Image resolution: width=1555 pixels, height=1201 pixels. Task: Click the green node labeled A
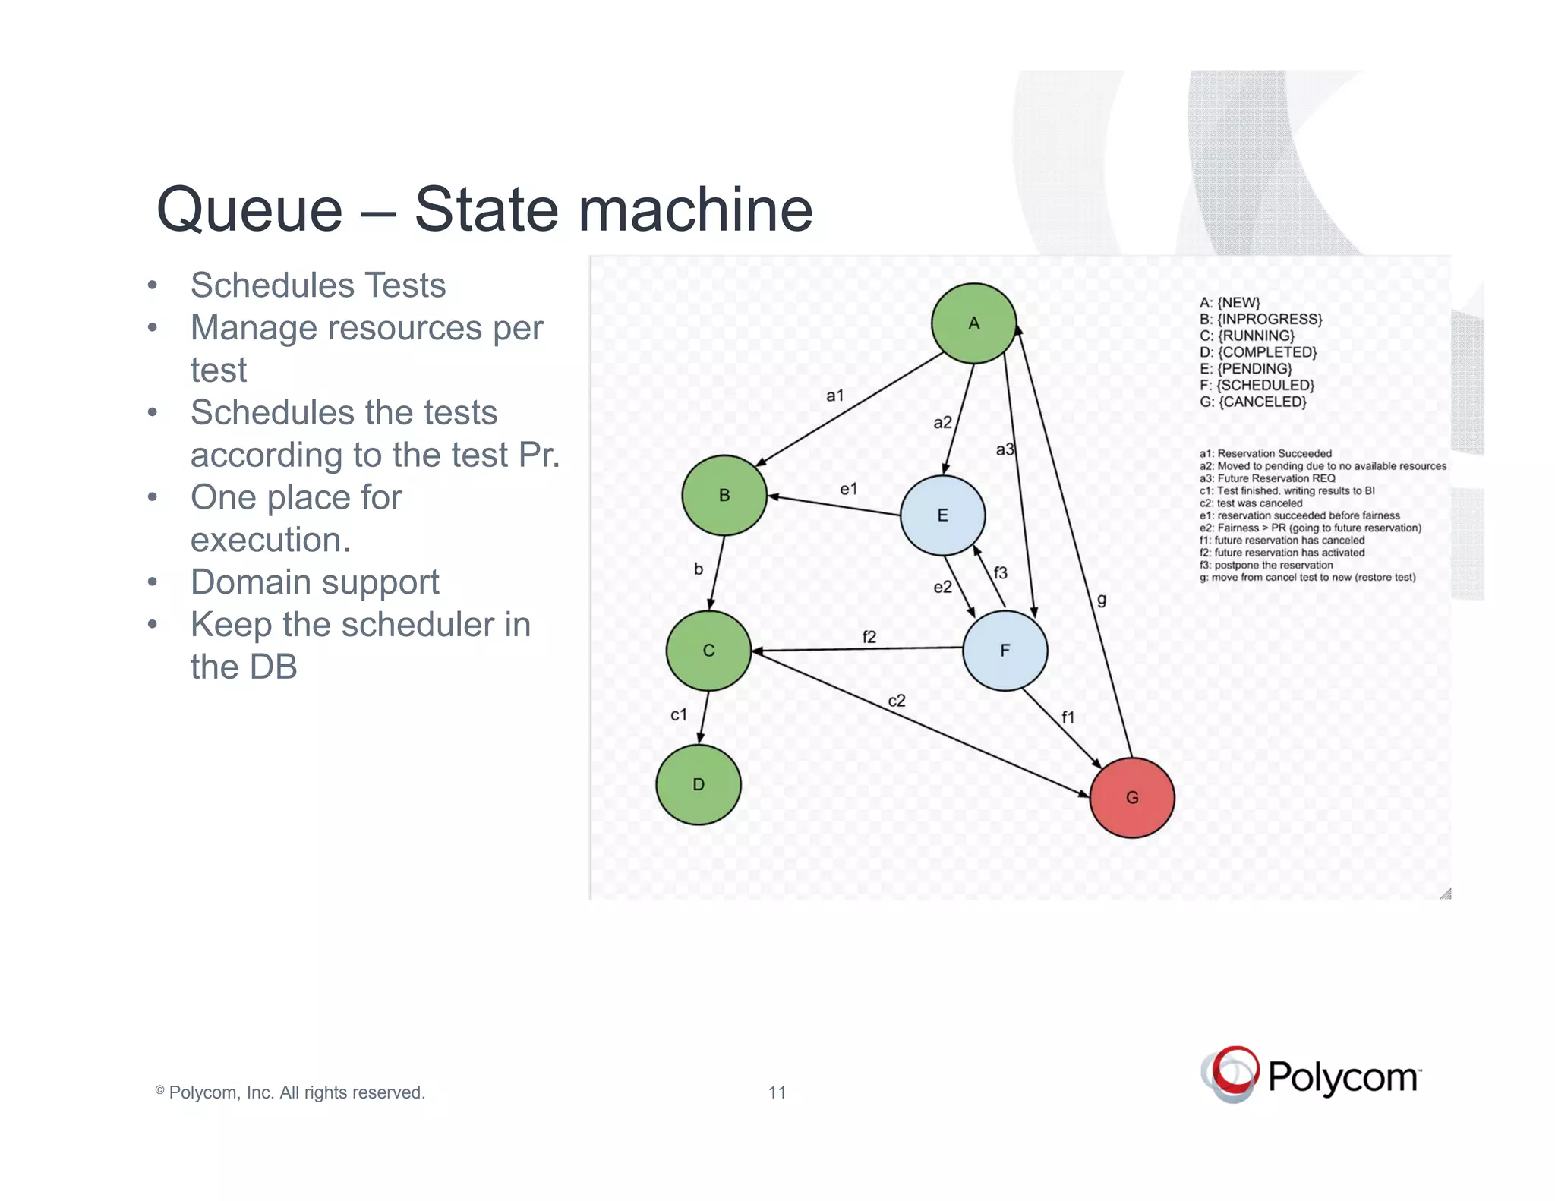pos(973,323)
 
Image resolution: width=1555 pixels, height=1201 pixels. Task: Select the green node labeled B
pos(724,495)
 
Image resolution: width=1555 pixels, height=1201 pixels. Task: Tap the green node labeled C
pos(708,651)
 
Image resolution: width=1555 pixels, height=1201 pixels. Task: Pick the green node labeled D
pos(699,784)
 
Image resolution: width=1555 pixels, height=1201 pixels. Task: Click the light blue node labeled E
pos(942,515)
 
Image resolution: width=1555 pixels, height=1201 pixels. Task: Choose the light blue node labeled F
pos(1005,651)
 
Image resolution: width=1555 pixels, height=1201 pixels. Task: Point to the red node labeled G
pos(1132,797)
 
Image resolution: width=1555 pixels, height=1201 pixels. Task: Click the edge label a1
pos(834,396)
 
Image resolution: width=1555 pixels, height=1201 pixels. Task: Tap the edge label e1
pos(848,489)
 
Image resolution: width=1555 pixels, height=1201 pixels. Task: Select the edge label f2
pos(869,637)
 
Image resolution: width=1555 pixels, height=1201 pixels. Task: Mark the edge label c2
pos(897,701)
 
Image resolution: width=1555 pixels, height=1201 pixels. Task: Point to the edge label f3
pos(1000,573)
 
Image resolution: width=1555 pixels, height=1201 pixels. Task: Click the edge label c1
pos(679,714)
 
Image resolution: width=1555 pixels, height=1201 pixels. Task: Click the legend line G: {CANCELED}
pos(1253,402)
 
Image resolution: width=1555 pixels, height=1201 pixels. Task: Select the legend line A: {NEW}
pos(1229,302)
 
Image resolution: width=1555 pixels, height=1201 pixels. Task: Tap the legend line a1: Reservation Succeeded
pos(1265,453)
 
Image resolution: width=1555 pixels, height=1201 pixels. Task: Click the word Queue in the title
pos(250,210)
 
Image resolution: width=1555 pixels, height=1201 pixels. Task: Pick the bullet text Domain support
pos(314,582)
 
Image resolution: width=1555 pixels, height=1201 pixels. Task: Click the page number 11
pos(777,1092)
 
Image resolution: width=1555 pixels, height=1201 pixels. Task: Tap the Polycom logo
pos(1311,1075)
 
